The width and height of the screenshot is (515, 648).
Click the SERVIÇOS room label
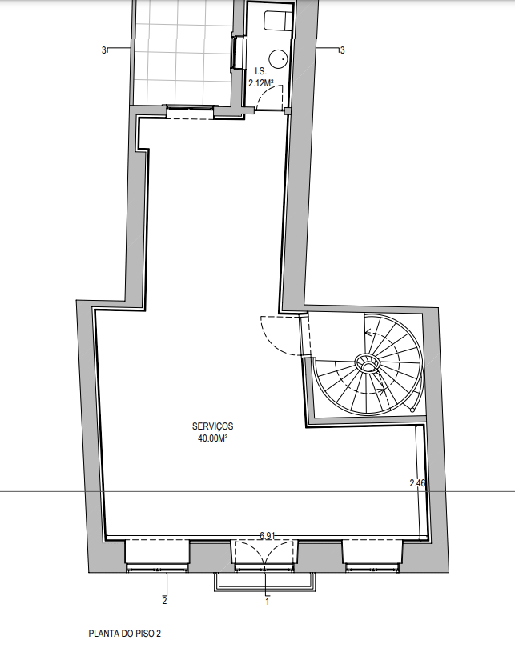pyautogui.click(x=212, y=426)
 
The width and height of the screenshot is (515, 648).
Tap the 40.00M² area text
pyautogui.click(x=212, y=438)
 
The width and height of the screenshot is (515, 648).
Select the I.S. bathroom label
pyautogui.click(x=260, y=71)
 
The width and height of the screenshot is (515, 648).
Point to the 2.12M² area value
pyautogui.click(x=261, y=83)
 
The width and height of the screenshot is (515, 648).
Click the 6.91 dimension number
pyautogui.click(x=268, y=536)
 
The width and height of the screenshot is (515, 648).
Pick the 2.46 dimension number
pyautogui.click(x=417, y=482)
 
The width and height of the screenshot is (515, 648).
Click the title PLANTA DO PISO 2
pyautogui.click(x=124, y=634)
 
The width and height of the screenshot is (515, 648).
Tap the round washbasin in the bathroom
pyautogui.click(x=278, y=58)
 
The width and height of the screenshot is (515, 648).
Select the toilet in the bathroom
pyautogui.click(x=278, y=21)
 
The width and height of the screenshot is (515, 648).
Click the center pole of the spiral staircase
pyautogui.click(x=368, y=364)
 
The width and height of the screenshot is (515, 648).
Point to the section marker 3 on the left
pyautogui.click(x=104, y=50)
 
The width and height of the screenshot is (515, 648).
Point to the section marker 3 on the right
pyautogui.click(x=342, y=50)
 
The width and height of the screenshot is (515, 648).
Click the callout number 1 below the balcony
pyautogui.click(x=268, y=602)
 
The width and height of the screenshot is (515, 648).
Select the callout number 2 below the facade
pyautogui.click(x=164, y=601)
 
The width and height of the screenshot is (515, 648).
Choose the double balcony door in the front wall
pyautogui.click(x=265, y=554)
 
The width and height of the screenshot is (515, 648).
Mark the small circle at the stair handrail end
pyautogui.click(x=412, y=410)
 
